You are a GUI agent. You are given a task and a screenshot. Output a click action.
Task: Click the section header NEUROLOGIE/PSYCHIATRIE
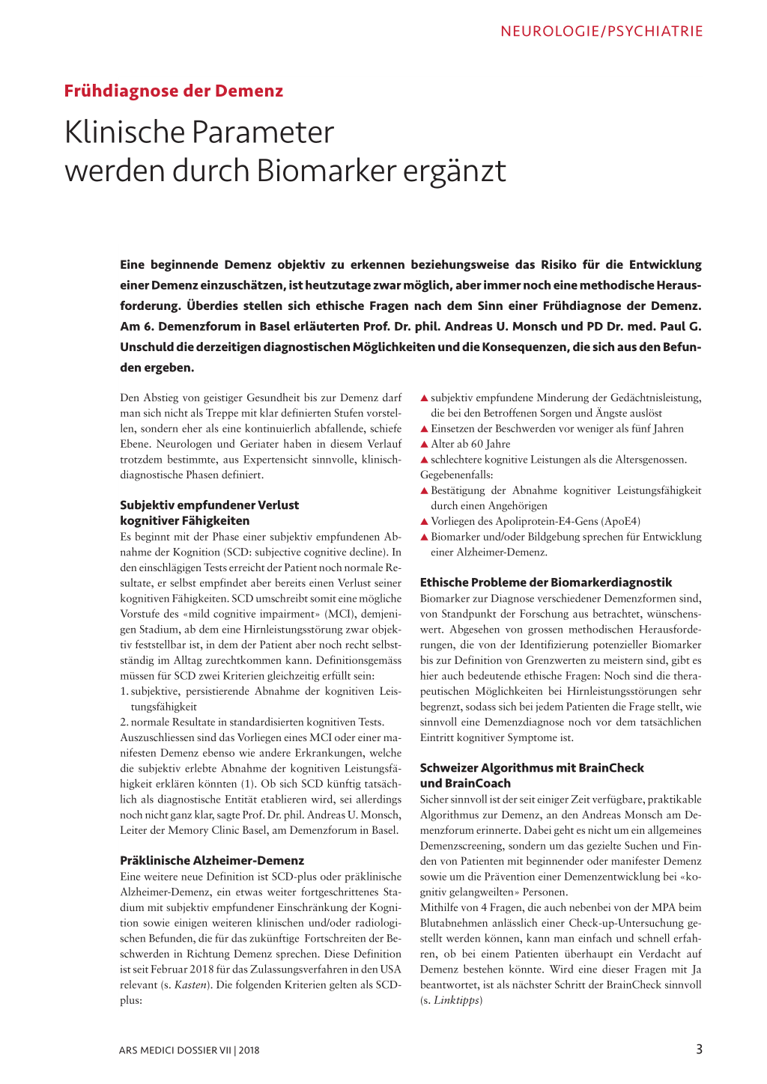coord(601,31)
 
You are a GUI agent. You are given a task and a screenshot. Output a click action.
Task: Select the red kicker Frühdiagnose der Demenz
coord(173,91)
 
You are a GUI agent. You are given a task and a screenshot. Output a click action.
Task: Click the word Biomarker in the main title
coord(327,171)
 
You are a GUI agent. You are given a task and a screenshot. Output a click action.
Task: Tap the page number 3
coord(699,1049)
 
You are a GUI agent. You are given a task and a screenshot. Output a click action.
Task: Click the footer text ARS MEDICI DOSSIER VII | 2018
coord(189,1050)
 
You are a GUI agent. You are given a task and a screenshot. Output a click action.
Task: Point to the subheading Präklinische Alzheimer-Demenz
coord(212,861)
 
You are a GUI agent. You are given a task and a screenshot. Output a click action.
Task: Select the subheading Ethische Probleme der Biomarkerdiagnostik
coord(545,582)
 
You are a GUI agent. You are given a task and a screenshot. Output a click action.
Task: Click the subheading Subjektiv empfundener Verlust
coord(209,505)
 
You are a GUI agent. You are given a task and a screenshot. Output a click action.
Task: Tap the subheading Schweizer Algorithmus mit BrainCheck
coord(531,768)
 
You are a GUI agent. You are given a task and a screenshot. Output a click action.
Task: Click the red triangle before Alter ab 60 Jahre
coord(424,445)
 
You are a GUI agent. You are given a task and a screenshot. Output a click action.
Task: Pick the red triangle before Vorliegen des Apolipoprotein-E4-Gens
coord(424,522)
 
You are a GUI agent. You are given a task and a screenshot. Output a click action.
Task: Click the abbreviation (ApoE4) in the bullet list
coord(620,522)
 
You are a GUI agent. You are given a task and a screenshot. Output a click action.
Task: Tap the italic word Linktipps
coord(456,1000)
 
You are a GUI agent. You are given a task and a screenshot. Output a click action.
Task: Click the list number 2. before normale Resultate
coord(124,722)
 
